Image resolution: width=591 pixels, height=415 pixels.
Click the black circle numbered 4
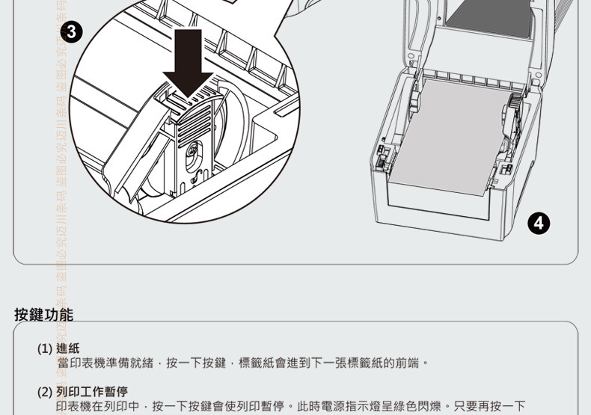[539, 222]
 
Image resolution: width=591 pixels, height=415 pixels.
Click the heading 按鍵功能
[44, 314]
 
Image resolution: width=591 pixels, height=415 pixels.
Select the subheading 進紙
[68, 348]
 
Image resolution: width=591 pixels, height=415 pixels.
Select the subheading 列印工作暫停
[92, 391]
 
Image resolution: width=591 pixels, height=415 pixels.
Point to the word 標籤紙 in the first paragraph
[256, 363]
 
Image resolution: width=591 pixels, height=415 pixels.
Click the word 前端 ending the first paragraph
[410, 363]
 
